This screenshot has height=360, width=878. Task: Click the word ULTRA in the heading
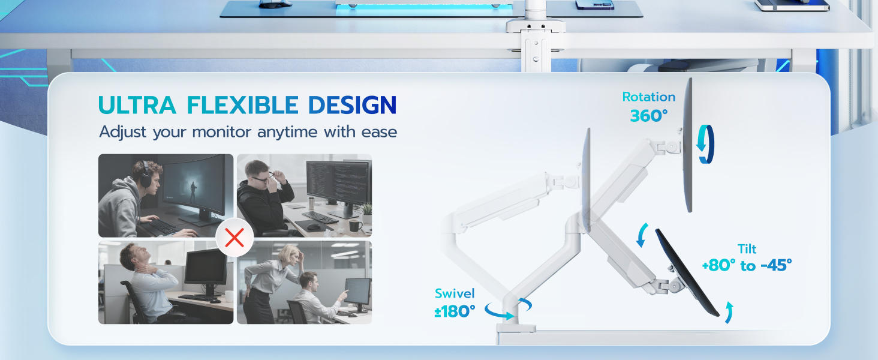point(137,105)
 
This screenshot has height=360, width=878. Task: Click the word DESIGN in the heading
point(352,105)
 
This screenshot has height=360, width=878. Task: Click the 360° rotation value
point(648,116)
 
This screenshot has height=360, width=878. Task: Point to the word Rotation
point(648,97)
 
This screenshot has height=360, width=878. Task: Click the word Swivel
point(455,293)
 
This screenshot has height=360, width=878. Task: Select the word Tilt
point(747,248)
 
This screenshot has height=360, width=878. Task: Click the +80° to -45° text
point(747,265)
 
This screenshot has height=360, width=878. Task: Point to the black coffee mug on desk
point(355,226)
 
